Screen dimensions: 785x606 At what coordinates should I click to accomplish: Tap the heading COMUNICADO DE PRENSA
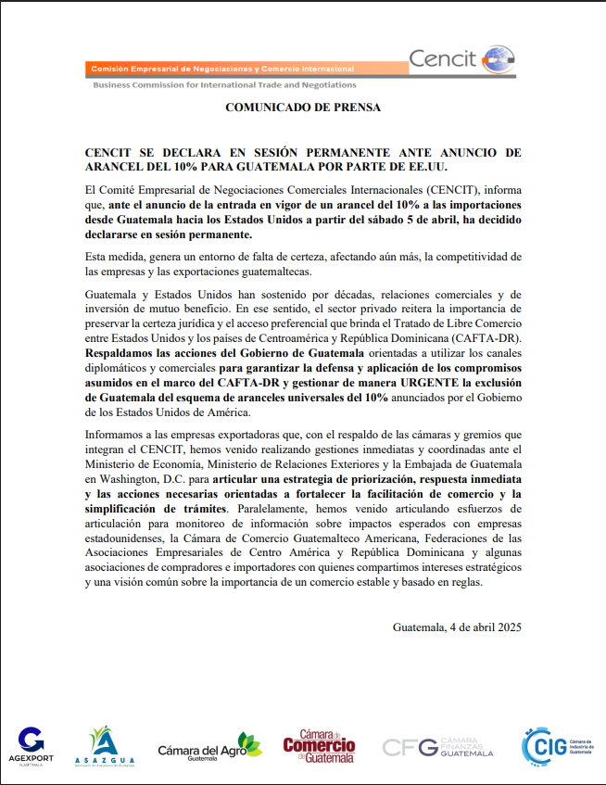pyautogui.click(x=303, y=108)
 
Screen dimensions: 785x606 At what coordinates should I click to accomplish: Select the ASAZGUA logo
pyautogui.click(x=110, y=746)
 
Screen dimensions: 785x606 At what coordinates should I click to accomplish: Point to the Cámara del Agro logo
pyautogui.click(x=208, y=746)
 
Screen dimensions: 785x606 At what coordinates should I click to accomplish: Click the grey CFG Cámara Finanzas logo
pyautogui.click(x=437, y=747)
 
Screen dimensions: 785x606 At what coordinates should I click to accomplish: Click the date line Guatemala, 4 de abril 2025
pyautogui.click(x=457, y=627)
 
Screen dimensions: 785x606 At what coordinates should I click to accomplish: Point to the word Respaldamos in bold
pyautogui.click(x=123, y=353)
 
